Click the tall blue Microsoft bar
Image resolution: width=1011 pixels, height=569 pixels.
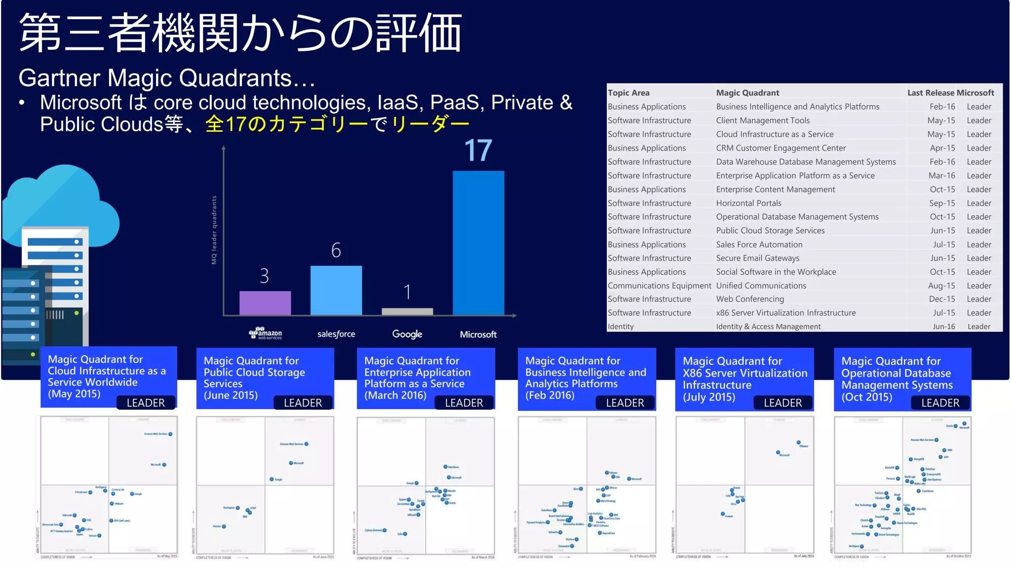tap(478, 243)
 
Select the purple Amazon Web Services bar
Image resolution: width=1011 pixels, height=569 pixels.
tap(265, 303)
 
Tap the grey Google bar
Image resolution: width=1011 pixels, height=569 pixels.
tap(407, 311)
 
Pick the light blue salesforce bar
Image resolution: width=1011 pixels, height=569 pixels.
tap(336, 290)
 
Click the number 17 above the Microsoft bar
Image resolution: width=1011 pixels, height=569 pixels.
tap(478, 151)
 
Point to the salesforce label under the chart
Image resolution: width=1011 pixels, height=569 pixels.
tap(336, 334)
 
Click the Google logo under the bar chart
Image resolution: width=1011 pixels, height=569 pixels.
tap(407, 334)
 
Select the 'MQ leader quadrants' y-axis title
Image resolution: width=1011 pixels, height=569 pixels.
tap(214, 230)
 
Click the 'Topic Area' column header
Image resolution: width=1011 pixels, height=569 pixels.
tap(628, 93)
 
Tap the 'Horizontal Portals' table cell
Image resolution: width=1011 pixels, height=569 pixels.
tap(748, 203)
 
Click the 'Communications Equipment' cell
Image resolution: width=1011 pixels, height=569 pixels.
tap(659, 285)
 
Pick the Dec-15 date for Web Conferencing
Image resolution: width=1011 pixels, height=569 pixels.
tap(941, 299)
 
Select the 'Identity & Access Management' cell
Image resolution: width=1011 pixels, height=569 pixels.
tap(768, 326)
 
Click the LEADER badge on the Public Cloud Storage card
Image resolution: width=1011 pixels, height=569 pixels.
tap(303, 403)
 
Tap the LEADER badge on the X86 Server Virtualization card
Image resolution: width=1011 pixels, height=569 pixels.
tap(782, 403)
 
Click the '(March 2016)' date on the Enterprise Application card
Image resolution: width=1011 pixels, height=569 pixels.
tap(395, 395)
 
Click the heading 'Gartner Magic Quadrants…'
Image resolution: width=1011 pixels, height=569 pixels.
tap(166, 78)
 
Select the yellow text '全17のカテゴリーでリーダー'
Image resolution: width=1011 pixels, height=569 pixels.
tap(337, 124)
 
